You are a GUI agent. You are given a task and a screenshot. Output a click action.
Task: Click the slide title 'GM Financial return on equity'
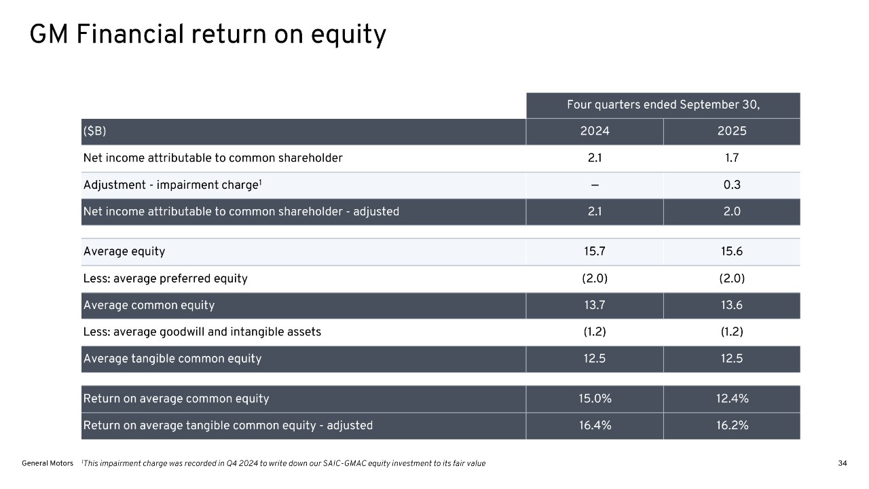[208, 35]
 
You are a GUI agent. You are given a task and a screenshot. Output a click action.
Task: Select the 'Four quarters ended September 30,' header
[663, 105]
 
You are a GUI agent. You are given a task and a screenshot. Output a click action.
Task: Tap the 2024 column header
[595, 132]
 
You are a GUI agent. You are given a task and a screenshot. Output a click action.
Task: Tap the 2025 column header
[732, 132]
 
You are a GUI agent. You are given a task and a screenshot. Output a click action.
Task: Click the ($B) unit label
[95, 132]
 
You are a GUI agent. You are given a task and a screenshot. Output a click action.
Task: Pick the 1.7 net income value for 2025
[732, 158]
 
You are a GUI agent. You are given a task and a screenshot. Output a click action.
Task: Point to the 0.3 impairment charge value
[732, 185]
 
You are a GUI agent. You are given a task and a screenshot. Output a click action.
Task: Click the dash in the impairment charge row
[595, 185]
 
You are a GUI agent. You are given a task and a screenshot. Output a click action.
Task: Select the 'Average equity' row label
[124, 252]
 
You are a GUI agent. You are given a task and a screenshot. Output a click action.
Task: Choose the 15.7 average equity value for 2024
[595, 252]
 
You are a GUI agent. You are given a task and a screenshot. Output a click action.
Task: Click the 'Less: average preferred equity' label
[165, 278]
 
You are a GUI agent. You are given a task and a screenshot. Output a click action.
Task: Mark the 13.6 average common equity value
[732, 306]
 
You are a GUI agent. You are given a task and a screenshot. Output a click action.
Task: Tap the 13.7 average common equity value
[595, 306]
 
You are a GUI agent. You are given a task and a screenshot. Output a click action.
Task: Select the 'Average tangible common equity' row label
[172, 359]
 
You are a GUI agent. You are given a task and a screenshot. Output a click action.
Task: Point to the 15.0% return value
[595, 399]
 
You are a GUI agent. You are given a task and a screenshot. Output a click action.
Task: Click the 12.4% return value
[732, 399]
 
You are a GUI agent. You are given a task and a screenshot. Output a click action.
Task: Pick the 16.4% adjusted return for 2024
[595, 426]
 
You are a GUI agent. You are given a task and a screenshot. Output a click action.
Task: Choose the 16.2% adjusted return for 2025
[732, 426]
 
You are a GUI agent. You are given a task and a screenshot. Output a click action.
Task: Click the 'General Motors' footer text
[48, 463]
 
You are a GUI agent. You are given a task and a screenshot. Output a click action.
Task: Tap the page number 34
[843, 463]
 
